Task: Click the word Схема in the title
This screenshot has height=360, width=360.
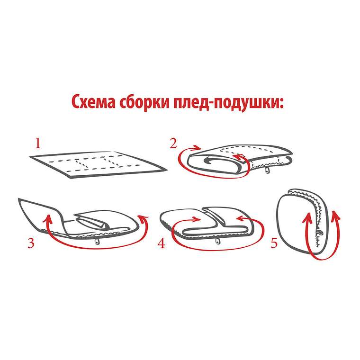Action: pyautogui.click(x=93, y=102)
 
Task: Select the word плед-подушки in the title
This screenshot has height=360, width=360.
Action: pyautogui.click(x=229, y=103)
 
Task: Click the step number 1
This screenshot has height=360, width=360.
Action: pyautogui.click(x=38, y=144)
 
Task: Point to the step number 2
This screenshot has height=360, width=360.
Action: pyautogui.click(x=173, y=144)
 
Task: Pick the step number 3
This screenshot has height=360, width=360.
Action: pyautogui.click(x=31, y=243)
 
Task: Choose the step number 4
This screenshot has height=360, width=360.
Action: pyautogui.click(x=161, y=243)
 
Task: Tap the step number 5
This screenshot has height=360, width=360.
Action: pyautogui.click(x=274, y=243)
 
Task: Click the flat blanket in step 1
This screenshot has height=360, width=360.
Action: pyautogui.click(x=98, y=164)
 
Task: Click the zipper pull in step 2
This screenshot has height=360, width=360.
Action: pyautogui.click(x=267, y=170)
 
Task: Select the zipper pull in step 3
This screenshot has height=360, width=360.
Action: pyautogui.click(x=98, y=241)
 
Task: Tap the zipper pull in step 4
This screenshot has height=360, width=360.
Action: pyautogui.click(x=217, y=241)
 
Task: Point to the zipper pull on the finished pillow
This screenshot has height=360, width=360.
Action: pyautogui.click(x=319, y=233)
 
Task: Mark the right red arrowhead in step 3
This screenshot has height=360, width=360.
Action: pyautogui.click(x=143, y=218)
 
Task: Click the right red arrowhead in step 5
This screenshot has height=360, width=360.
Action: pyautogui.click(x=335, y=215)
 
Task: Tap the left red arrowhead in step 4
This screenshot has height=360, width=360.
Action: pyautogui.click(x=198, y=219)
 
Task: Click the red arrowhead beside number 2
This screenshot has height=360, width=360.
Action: pyautogui.click(x=198, y=147)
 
